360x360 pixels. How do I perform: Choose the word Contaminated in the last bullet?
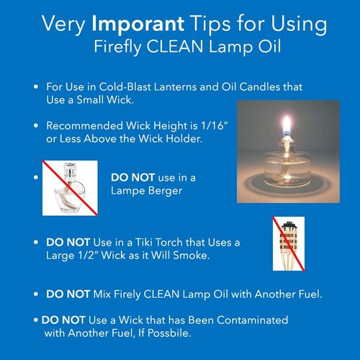click(x=246, y=319)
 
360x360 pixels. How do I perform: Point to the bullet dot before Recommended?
click(x=37, y=127)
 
